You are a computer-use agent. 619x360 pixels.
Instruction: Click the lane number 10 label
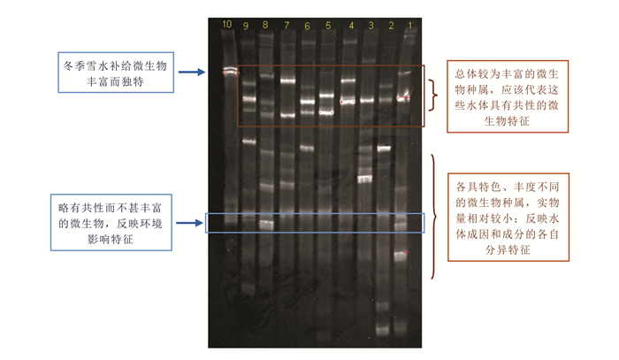coord(227,23)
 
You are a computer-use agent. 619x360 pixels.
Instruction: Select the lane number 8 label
coord(264,25)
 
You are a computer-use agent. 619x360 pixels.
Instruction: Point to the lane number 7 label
coord(287,26)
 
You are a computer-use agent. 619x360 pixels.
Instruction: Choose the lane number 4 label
coord(350,25)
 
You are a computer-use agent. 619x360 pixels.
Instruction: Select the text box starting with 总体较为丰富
coord(506,96)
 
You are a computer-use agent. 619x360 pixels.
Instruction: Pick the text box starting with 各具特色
coord(506,218)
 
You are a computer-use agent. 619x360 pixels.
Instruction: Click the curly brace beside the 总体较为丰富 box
coord(432,96)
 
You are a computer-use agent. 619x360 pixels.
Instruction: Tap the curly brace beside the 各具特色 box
coord(432,217)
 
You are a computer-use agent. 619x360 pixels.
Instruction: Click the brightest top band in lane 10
coord(228,71)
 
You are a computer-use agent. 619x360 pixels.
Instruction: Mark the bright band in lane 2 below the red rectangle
coord(385,148)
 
